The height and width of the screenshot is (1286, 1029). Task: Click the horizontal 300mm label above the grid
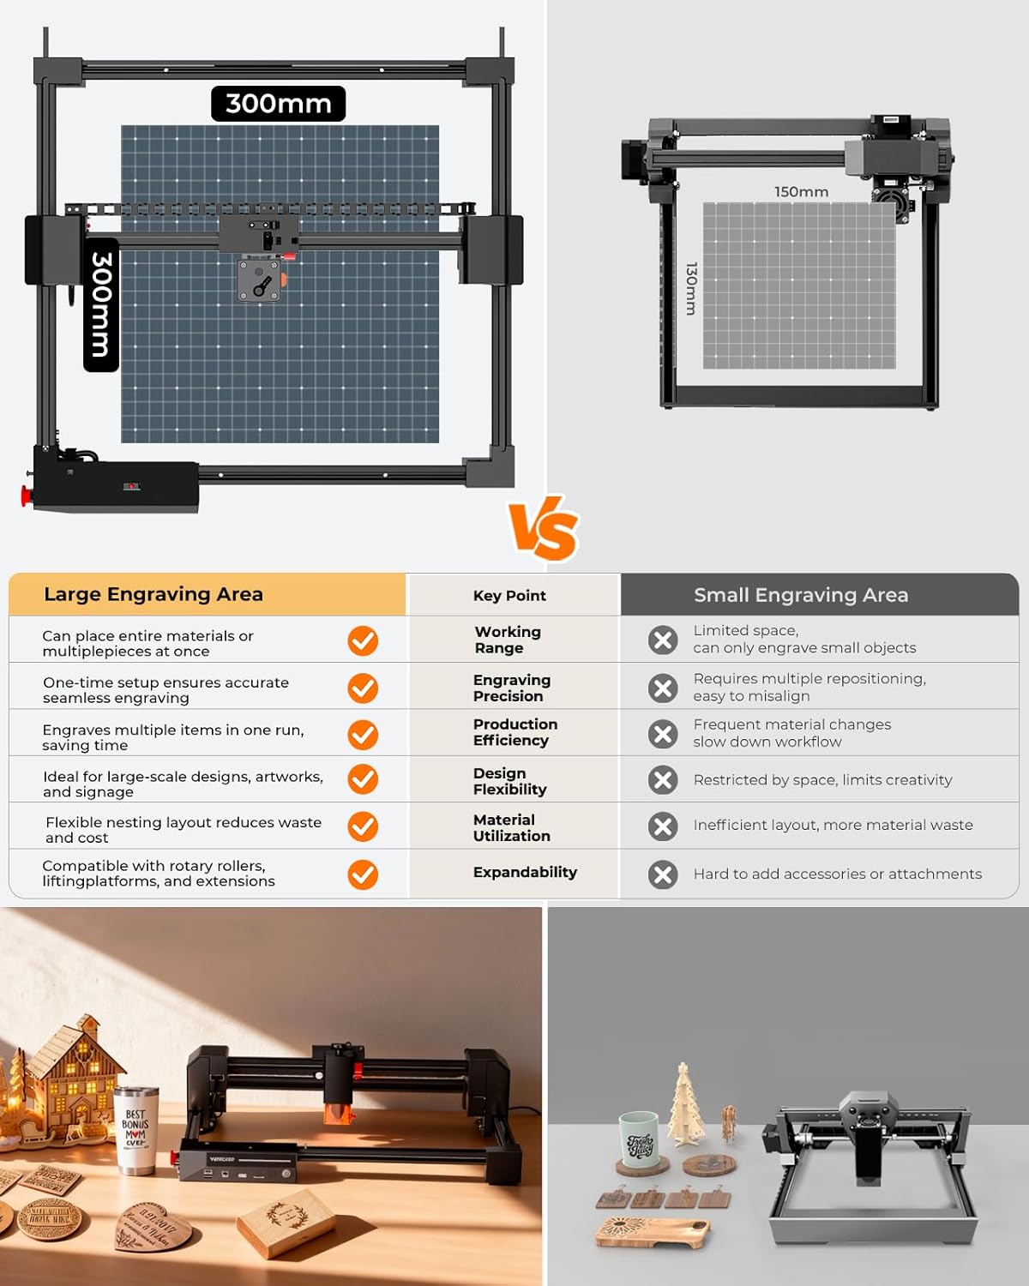(278, 104)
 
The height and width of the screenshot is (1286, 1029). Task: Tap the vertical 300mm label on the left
(101, 304)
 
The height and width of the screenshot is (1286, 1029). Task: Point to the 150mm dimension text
(801, 192)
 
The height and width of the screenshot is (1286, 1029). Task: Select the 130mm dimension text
(691, 289)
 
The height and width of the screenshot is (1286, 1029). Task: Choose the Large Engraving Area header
(153, 594)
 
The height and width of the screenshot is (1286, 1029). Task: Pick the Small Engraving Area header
(801, 595)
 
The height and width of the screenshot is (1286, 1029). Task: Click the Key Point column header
(509, 596)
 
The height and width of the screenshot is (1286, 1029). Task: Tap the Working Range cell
(508, 640)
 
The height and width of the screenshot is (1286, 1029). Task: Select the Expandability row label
(525, 872)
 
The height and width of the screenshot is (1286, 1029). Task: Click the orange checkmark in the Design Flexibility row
(363, 779)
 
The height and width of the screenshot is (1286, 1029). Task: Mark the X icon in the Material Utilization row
(663, 826)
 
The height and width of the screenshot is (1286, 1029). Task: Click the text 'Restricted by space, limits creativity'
(822, 780)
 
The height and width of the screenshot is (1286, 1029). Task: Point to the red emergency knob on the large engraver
(26, 496)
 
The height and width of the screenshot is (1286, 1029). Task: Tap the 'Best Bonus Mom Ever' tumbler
(136, 1130)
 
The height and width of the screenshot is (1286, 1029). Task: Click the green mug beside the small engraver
(639, 1140)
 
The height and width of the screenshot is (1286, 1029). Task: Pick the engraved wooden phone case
(652, 1230)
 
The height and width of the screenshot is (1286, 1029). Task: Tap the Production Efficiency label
(514, 732)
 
